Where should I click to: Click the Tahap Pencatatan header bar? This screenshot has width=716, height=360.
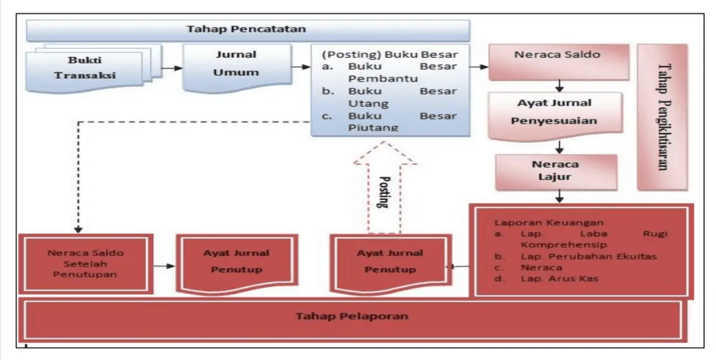(248, 31)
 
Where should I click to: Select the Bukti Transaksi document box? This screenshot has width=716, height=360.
(94, 69)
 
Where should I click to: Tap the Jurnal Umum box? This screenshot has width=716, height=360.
(237, 68)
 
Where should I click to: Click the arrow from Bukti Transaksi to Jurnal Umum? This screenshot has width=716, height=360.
(172, 68)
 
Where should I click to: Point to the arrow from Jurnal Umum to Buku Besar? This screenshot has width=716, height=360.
(301, 67)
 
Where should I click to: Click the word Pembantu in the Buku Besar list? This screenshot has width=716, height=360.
(383, 79)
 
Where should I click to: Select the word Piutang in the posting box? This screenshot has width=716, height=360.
(373, 128)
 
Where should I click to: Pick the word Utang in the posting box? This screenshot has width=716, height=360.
(368, 104)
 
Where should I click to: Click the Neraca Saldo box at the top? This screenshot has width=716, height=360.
(558, 62)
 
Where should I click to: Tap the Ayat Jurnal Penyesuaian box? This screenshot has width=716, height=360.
(555, 116)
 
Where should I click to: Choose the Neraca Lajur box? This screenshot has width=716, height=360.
(556, 172)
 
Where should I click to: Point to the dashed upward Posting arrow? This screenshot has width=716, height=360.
(385, 187)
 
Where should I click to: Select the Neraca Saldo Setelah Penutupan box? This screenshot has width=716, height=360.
(86, 264)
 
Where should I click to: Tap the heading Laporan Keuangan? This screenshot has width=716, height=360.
(549, 222)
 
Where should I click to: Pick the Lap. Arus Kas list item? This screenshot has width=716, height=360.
(547, 278)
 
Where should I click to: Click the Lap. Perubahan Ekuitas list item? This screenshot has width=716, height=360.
(575, 256)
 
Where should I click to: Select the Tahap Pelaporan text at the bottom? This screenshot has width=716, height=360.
(352, 316)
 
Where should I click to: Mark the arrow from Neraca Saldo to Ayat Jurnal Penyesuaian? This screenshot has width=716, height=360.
(560, 86)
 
